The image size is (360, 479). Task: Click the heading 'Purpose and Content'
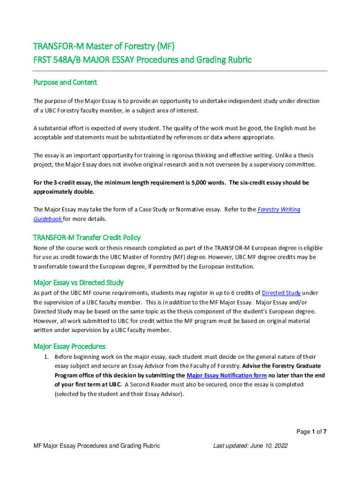tap(65, 82)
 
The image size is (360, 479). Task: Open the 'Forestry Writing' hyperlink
tap(279, 210)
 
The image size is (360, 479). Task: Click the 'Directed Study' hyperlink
tap(281, 293)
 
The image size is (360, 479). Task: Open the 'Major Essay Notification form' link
tap(226, 375)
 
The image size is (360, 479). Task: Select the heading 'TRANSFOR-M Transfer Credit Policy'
tap(86, 237)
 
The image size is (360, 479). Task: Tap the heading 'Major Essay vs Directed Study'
tap(78, 283)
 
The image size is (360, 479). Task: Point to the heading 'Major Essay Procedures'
tap(69, 346)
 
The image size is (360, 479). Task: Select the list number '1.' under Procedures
tap(47, 357)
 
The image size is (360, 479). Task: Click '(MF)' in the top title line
tap(166, 46)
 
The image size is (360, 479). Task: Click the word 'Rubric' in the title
tap(237, 60)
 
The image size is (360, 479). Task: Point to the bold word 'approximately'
tap(54, 192)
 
